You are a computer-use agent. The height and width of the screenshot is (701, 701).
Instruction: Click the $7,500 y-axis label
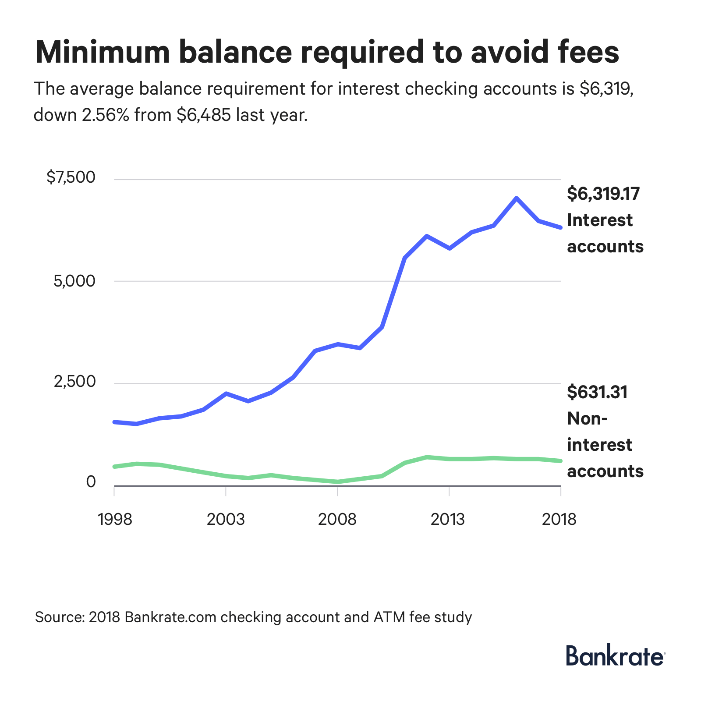(x=71, y=177)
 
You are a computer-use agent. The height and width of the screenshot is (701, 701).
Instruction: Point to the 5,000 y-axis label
(x=74, y=281)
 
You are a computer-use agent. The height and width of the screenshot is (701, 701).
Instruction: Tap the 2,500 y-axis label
(x=74, y=382)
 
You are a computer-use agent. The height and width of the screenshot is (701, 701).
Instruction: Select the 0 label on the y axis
(x=91, y=482)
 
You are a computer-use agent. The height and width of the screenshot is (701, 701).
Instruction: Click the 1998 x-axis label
(x=115, y=520)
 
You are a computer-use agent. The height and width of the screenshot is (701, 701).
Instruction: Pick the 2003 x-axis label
(x=226, y=520)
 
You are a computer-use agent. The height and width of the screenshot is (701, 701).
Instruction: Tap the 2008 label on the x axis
(x=337, y=520)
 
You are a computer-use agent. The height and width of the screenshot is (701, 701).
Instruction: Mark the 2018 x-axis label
(x=559, y=520)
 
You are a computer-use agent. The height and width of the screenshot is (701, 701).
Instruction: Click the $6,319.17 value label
(x=603, y=194)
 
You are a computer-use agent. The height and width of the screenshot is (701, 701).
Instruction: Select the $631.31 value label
(x=597, y=392)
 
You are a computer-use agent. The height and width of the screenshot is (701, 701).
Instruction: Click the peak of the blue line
(x=517, y=198)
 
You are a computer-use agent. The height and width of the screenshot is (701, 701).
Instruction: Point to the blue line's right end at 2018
(x=560, y=227)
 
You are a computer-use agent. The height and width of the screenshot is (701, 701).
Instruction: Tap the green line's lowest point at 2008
(x=337, y=482)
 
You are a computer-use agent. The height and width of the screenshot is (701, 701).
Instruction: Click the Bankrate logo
(x=616, y=656)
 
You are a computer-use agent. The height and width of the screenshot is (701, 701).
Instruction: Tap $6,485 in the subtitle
(x=203, y=115)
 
